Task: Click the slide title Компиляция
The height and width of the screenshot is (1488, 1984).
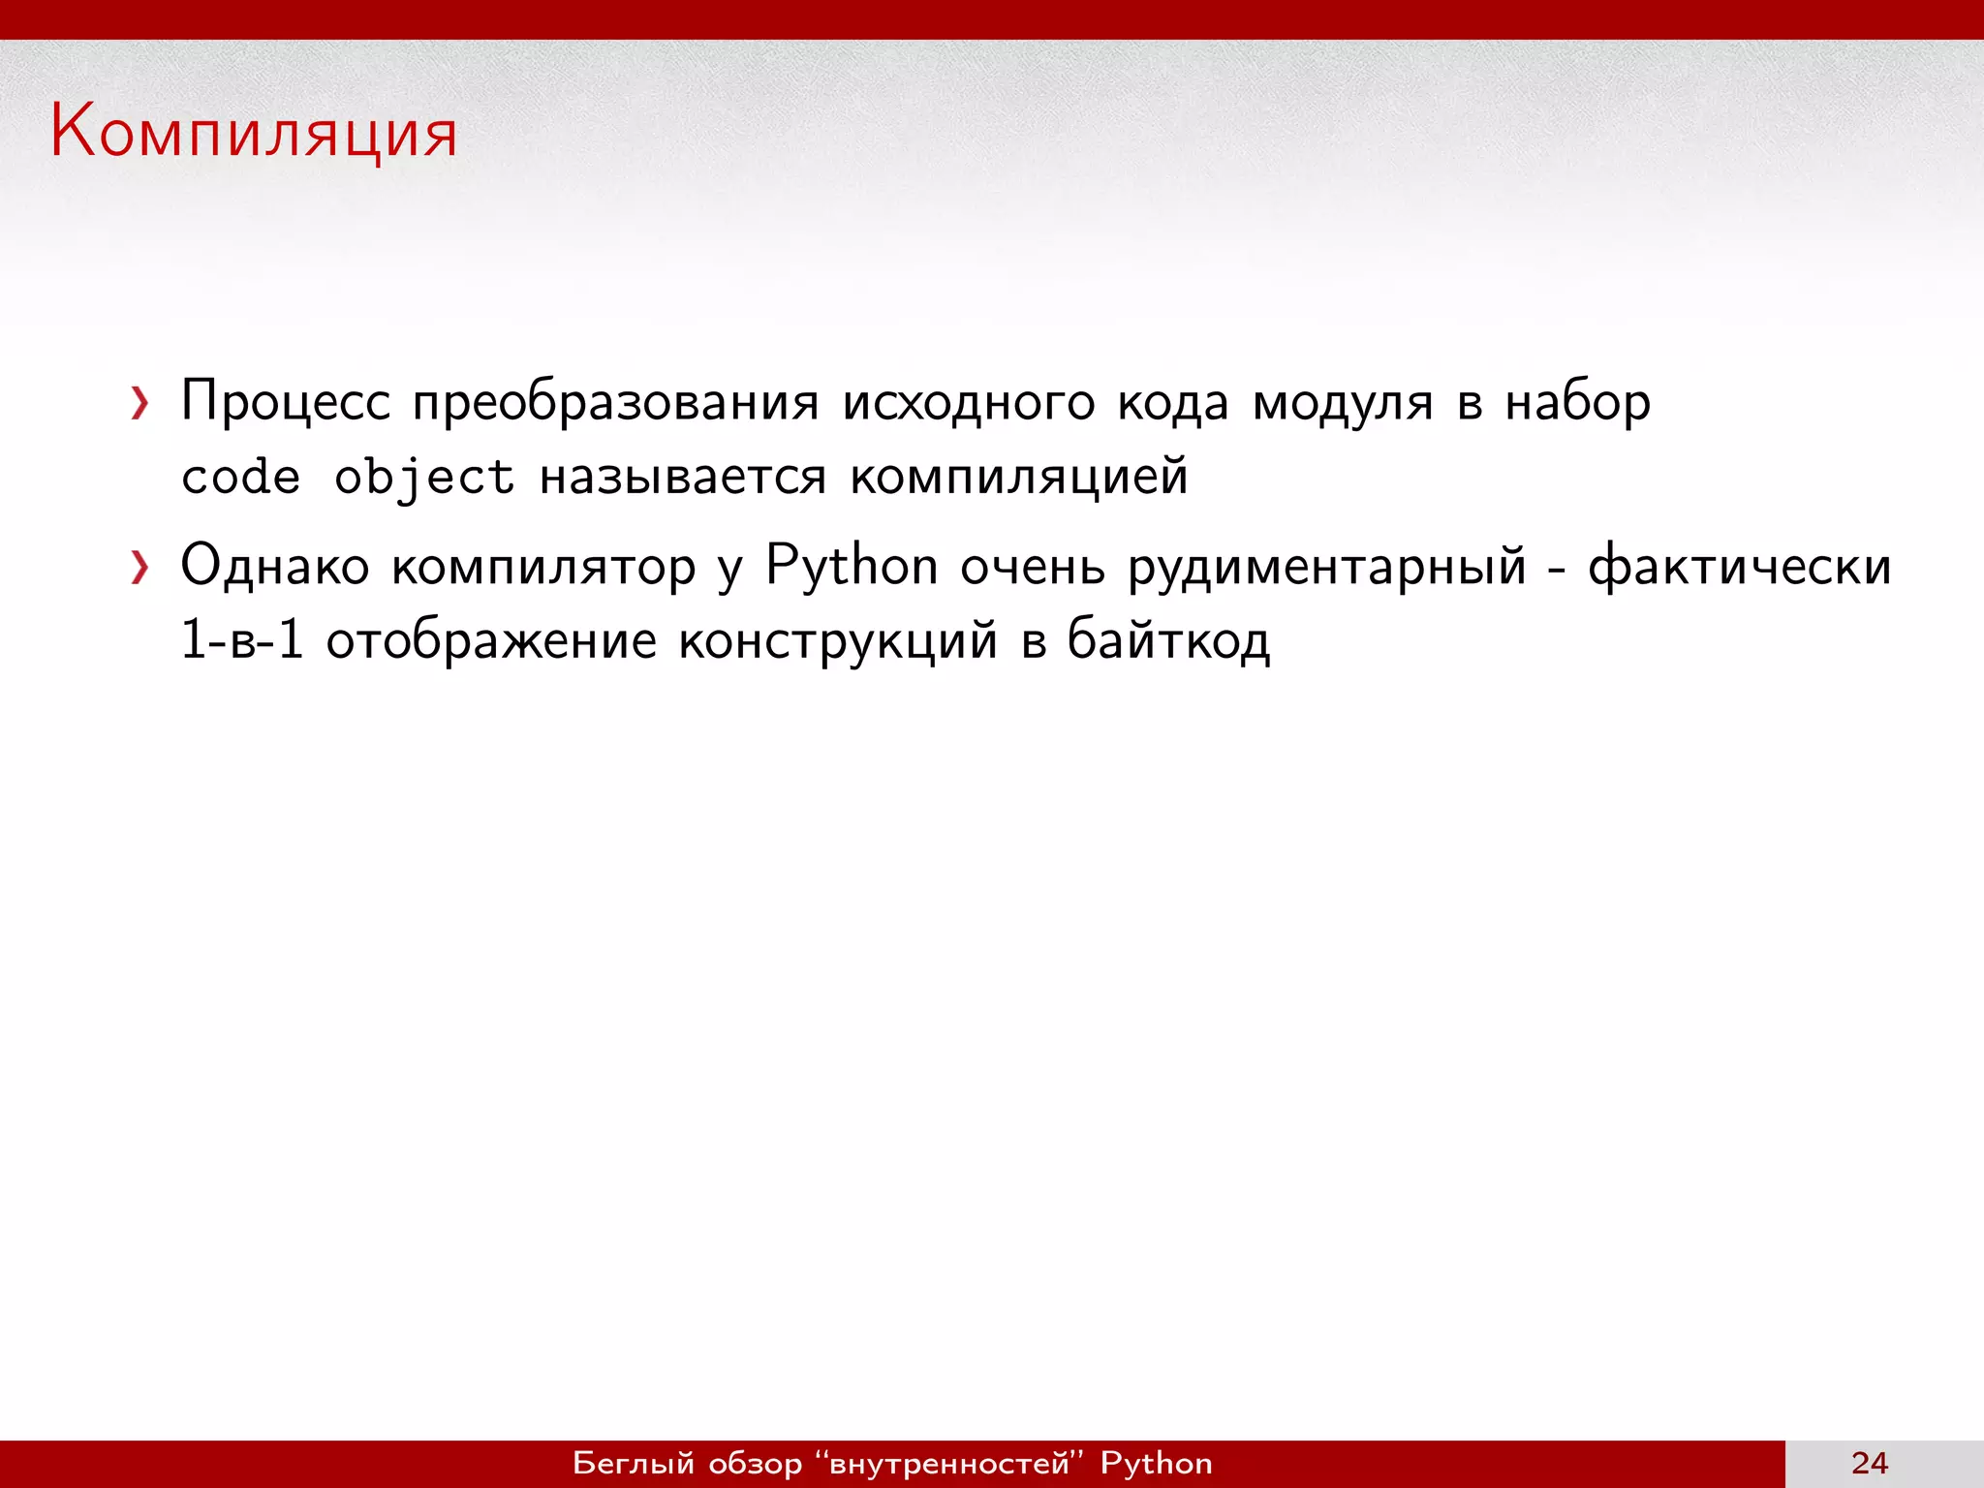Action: (254, 134)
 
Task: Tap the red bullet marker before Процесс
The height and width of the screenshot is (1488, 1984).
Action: (140, 403)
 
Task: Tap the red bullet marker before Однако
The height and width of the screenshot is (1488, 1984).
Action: (140, 568)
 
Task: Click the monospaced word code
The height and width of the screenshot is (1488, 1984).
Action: (240, 478)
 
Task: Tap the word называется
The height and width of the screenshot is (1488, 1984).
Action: (683, 478)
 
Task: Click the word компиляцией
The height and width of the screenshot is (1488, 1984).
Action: (1018, 478)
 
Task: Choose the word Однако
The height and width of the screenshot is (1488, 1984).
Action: (275, 567)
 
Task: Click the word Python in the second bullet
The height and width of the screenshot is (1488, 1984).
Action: (852, 567)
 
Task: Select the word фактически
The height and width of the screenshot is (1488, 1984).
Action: (1739, 567)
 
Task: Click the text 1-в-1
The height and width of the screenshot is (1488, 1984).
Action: (242, 641)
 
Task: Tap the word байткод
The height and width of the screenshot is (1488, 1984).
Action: (1168, 641)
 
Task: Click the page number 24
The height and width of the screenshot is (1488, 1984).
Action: (1869, 1463)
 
